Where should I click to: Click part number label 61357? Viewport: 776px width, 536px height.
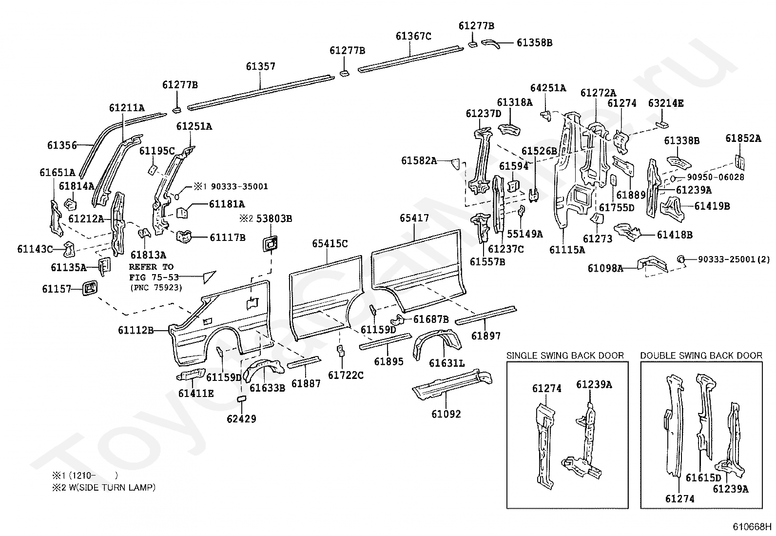260,66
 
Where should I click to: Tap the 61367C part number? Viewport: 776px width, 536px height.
413,36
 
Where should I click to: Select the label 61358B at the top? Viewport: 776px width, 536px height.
535,42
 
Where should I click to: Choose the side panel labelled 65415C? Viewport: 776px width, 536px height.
326,298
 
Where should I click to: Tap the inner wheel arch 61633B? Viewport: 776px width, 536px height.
263,370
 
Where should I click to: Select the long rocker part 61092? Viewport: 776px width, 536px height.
452,384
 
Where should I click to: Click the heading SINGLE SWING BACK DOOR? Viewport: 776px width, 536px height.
565,356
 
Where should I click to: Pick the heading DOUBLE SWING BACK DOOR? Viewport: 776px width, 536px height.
701,356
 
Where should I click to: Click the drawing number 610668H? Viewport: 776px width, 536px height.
752,527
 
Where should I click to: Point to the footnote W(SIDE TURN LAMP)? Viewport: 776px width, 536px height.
112,487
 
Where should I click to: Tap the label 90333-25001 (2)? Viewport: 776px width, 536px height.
734,259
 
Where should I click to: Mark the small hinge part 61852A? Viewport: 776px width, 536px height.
739,162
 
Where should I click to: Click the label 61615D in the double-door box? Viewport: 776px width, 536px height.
703,478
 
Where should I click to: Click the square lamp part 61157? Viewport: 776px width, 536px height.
90,288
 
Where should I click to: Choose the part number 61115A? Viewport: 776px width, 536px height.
567,250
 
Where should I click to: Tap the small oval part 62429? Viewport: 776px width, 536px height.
241,399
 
